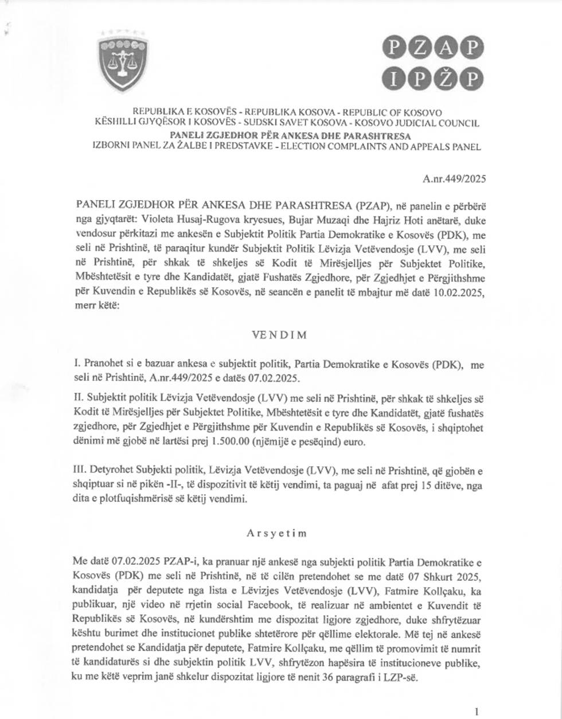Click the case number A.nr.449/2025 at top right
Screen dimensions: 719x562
click(454, 178)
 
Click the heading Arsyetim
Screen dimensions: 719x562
click(277, 533)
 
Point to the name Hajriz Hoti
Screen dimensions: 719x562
click(383, 218)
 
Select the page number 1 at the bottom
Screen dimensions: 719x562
click(477, 712)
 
